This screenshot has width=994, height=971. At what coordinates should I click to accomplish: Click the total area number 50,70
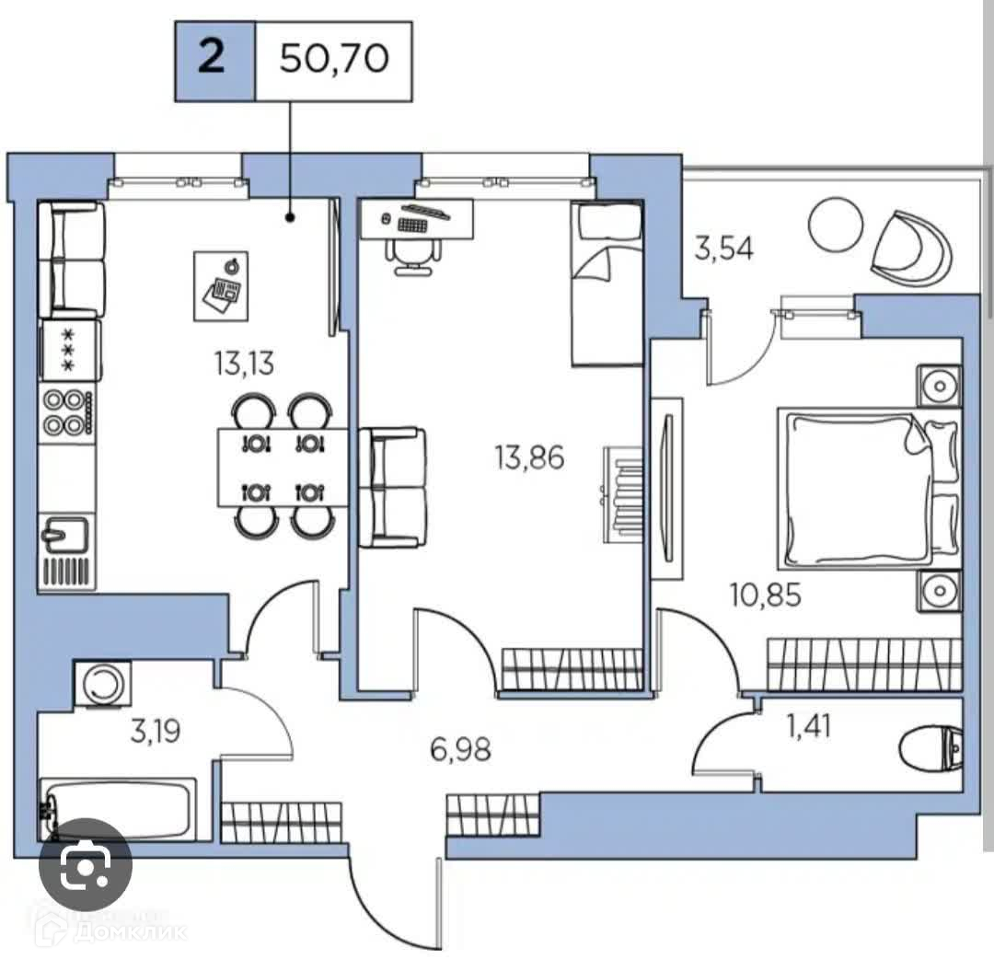(x=334, y=60)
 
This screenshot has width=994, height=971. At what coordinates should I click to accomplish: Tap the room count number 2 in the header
(x=213, y=60)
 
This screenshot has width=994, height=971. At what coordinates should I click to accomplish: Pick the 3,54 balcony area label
(x=723, y=249)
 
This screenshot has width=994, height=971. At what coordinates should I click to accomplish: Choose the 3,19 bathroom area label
(x=154, y=733)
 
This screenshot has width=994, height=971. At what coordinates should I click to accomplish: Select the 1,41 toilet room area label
(x=809, y=727)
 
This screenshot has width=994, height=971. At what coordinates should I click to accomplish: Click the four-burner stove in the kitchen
(x=67, y=412)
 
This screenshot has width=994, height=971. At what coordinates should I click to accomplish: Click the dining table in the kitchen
(x=283, y=468)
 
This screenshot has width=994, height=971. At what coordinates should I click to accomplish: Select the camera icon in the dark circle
(x=85, y=865)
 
